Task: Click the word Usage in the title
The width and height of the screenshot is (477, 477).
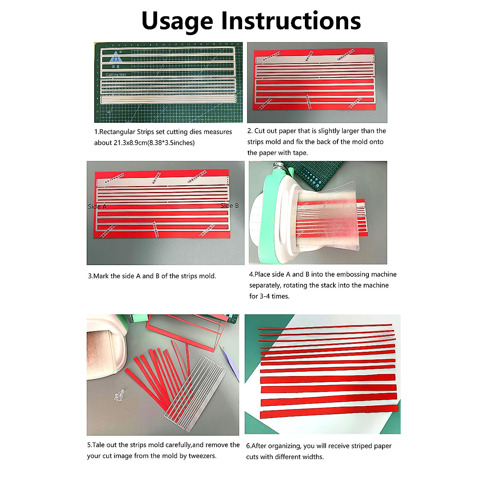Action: (177, 22)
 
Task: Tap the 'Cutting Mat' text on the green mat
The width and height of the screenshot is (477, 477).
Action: (116, 74)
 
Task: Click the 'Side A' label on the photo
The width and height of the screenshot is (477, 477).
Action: (97, 206)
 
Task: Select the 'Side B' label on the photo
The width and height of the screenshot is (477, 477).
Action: (229, 206)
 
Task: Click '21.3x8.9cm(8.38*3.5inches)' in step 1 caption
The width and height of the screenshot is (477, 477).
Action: (154, 143)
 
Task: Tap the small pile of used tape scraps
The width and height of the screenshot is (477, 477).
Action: (119, 395)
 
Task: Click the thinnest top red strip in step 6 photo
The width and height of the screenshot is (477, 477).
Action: (325, 327)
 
